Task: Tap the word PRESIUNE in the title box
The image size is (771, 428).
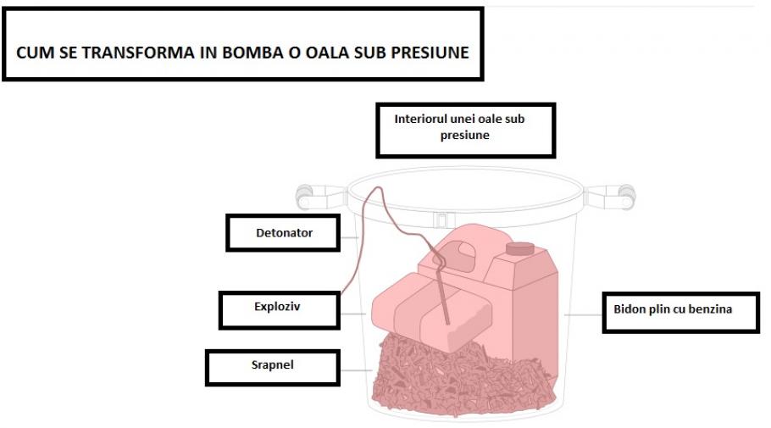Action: [430, 53]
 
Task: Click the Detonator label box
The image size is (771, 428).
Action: [283, 233]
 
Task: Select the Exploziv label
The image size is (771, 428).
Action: [280, 310]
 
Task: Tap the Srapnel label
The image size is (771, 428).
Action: [273, 368]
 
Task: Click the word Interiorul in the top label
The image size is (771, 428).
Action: [420, 119]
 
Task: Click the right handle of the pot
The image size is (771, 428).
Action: [610, 197]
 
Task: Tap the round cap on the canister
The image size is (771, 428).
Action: [519, 248]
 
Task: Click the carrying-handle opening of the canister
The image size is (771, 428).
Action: [460, 251]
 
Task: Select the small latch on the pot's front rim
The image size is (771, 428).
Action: [441, 220]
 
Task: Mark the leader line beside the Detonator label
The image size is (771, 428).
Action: [350, 237]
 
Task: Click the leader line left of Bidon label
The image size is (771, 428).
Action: [583, 314]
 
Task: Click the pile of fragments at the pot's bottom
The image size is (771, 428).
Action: [463, 379]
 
